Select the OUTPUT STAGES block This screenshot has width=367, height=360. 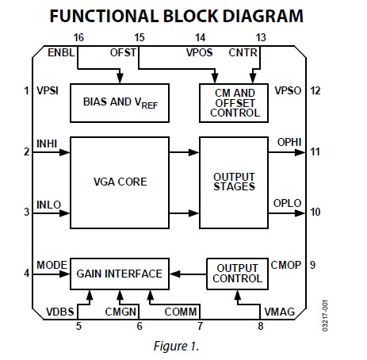tap(234, 181)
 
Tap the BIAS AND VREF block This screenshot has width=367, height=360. tap(118, 102)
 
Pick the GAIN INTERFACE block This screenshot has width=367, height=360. tap(119, 274)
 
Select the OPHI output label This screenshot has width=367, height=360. tap(290, 143)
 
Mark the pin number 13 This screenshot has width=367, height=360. tap(262, 37)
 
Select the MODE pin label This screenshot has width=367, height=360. tap(51, 265)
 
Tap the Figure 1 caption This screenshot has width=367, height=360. tap(182, 347)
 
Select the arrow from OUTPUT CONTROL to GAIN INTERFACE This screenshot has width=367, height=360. tap(189, 274)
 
